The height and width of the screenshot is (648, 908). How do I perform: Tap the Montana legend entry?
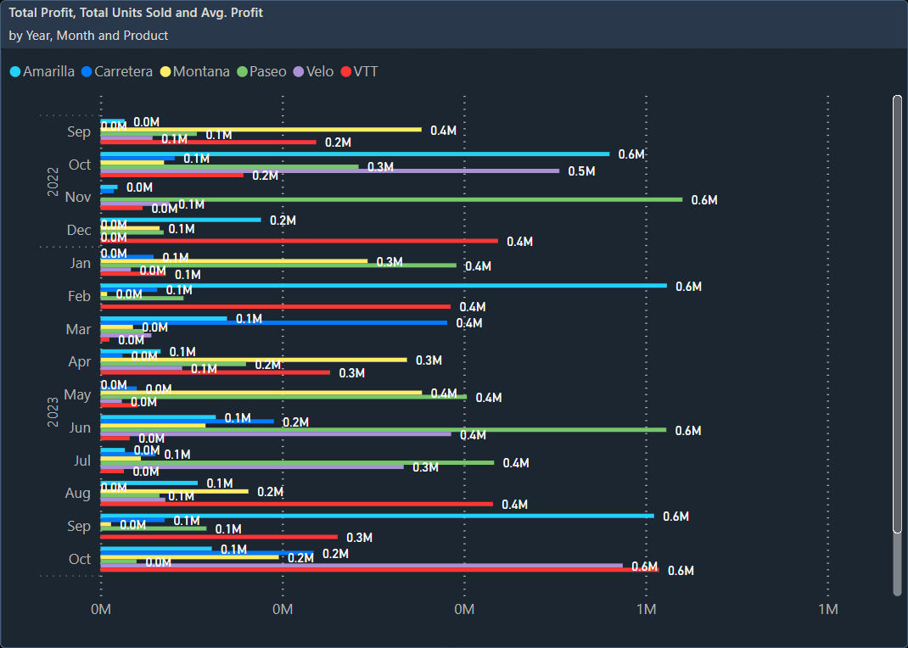click(x=195, y=71)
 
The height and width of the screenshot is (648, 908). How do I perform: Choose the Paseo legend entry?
click(x=261, y=71)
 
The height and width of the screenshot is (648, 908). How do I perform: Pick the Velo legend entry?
click(x=314, y=71)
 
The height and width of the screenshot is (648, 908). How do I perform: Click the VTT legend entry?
click(x=359, y=71)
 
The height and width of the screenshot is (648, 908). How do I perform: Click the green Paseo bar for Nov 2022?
click(x=390, y=199)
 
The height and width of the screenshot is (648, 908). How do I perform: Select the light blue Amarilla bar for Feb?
click(x=382, y=286)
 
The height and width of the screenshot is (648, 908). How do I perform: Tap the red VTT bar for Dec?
click(x=299, y=241)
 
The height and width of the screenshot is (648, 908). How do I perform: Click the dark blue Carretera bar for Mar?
click(x=273, y=322)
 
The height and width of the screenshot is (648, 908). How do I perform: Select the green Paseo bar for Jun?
click(x=382, y=429)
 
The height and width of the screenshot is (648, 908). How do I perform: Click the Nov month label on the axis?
click(x=78, y=198)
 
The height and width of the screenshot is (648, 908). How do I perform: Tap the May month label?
click(x=78, y=395)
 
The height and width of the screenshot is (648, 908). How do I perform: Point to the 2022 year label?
click(x=53, y=182)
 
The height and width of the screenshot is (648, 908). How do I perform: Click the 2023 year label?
click(x=53, y=411)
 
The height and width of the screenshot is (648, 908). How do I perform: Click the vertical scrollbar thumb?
click(x=897, y=314)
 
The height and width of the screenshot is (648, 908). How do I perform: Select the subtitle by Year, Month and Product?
click(x=88, y=36)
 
